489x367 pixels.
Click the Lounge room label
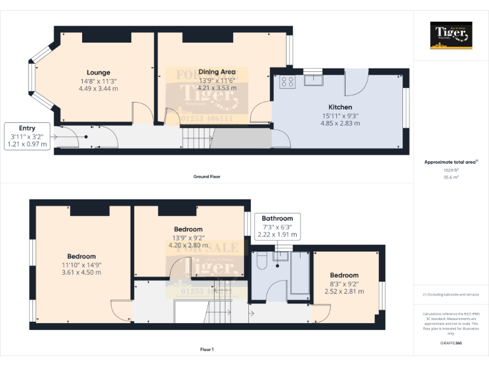pyautogui.click(x=99, y=73)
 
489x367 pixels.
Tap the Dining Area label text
pyautogui.click(x=217, y=72)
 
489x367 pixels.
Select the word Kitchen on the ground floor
pyautogui.click(x=341, y=107)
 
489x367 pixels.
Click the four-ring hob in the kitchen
pyautogui.click(x=287, y=81)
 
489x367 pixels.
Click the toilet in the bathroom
pyautogui.click(x=260, y=262)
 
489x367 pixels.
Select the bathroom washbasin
pyautogui.click(x=281, y=256)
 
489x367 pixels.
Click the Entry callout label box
pyautogui.click(x=27, y=136)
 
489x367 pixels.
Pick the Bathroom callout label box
pyautogui.click(x=278, y=226)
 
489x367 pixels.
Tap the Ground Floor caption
pyautogui.click(x=207, y=176)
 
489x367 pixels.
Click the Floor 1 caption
pyautogui.click(x=207, y=349)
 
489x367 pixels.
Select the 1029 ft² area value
pyautogui.click(x=451, y=170)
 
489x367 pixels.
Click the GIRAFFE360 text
pyautogui.click(x=451, y=343)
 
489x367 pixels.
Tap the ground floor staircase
pyautogui.click(x=197, y=136)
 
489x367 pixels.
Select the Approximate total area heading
pyautogui.click(x=450, y=162)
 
